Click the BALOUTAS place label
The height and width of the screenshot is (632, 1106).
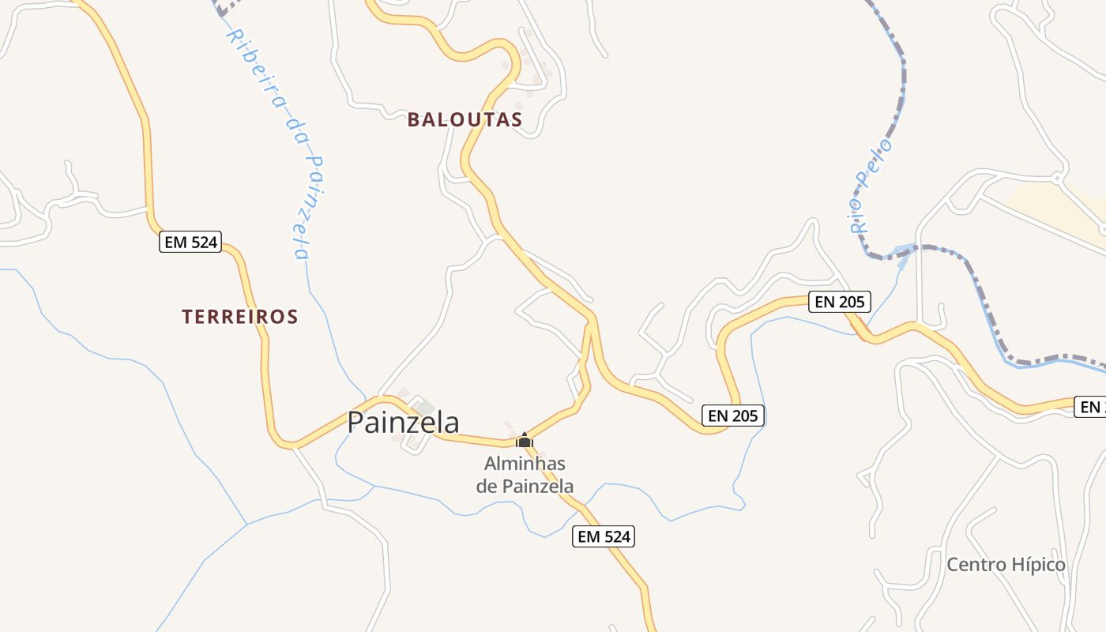(465, 119)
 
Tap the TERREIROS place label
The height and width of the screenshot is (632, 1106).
(239, 317)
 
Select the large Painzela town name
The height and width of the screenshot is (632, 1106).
(403, 422)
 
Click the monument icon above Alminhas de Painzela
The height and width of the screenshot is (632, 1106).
(524, 440)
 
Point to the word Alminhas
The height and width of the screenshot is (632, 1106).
(525, 463)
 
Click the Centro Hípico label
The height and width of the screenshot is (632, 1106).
(1006, 565)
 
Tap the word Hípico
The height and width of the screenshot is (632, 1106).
(1038, 565)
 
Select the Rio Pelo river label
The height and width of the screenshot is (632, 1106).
(871, 186)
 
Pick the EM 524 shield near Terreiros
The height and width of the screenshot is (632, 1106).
(190, 242)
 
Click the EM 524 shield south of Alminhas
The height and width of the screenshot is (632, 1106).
(604, 537)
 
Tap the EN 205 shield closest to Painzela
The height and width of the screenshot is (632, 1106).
(733, 416)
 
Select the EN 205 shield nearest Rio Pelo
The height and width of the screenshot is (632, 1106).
(840, 301)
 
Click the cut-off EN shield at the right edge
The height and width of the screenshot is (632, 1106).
(1091, 407)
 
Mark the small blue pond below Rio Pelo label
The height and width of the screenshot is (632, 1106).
(901, 254)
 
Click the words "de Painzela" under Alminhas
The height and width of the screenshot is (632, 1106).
(525, 486)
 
